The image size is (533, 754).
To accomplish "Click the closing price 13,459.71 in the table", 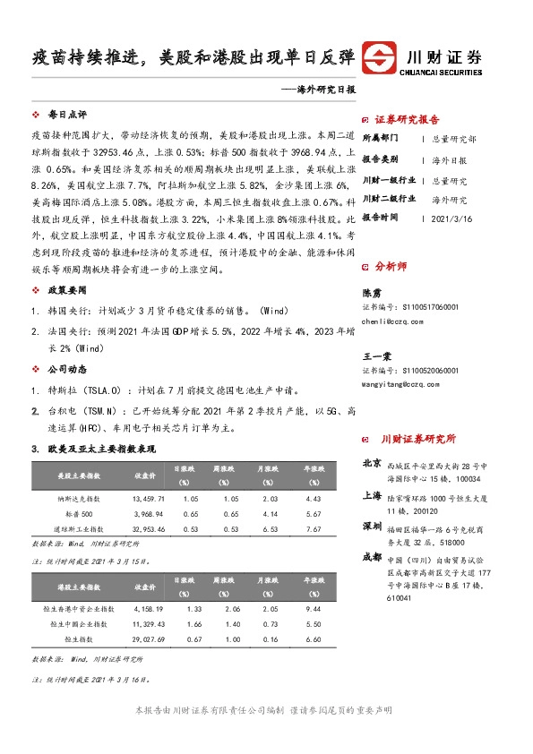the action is pyautogui.click(x=148, y=498).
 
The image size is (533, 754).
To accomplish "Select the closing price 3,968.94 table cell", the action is pyautogui.click(x=148, y=514).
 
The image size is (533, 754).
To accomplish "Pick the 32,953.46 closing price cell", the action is pyautogui.click(x=148, y=530).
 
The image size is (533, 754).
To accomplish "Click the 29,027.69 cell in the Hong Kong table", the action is pyautogui.click(x=148, y=640).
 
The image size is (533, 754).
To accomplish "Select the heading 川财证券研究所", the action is pyautogui.click(x=418, y=439).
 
